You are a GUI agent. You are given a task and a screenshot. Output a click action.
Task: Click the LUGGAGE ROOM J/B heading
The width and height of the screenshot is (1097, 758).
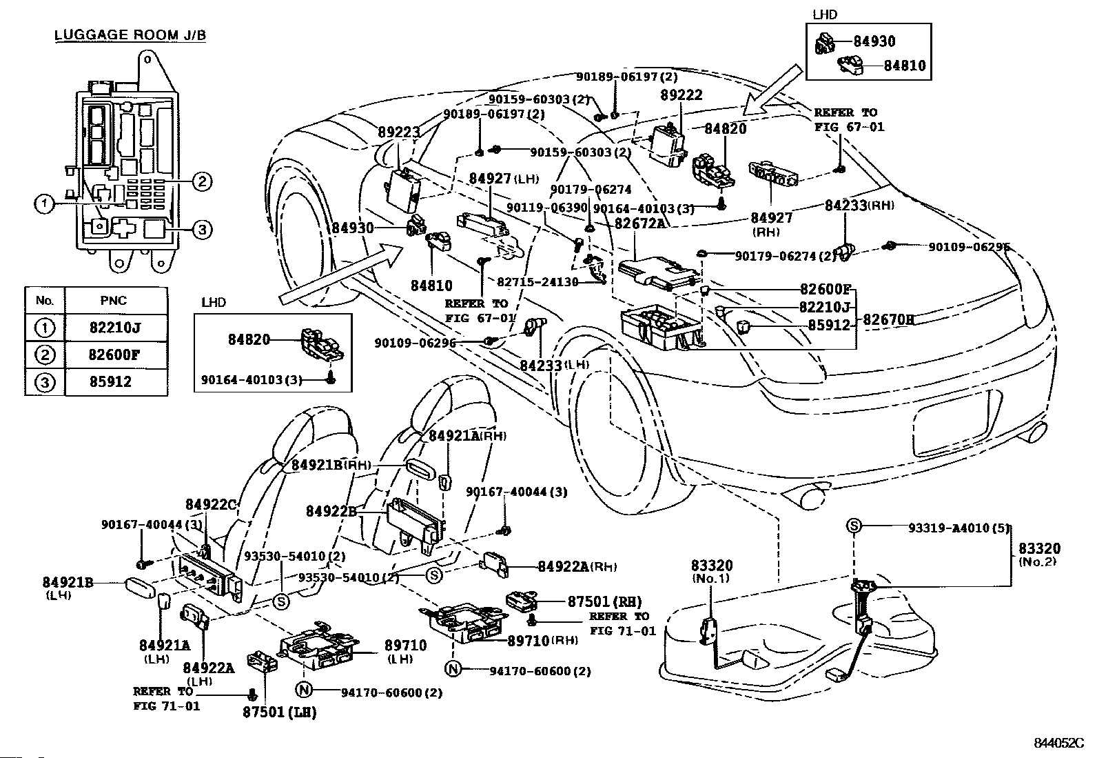(130, 34)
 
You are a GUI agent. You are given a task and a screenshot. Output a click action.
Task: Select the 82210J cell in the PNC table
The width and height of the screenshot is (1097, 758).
(115, 327)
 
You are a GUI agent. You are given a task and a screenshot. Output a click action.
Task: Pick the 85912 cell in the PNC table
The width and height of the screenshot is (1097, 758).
(115, 381)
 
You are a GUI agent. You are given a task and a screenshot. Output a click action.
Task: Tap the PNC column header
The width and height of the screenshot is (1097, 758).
(115, 301)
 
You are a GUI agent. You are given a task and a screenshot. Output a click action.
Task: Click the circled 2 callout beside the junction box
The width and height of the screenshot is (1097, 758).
(201, 181)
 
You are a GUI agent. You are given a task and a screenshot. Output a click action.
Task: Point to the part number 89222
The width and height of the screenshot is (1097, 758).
(681, 95)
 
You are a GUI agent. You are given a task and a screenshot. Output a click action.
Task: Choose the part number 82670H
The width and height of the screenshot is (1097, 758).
(888, 319)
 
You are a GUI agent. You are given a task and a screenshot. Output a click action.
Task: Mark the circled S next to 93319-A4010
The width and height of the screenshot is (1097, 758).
(853, 526)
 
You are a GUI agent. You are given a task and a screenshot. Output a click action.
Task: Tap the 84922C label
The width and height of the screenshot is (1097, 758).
(211, 503)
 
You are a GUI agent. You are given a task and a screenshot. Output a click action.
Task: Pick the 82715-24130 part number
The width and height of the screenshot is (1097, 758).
(537, 282)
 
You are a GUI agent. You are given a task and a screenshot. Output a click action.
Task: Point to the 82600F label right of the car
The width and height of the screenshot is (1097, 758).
(826, 289)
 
